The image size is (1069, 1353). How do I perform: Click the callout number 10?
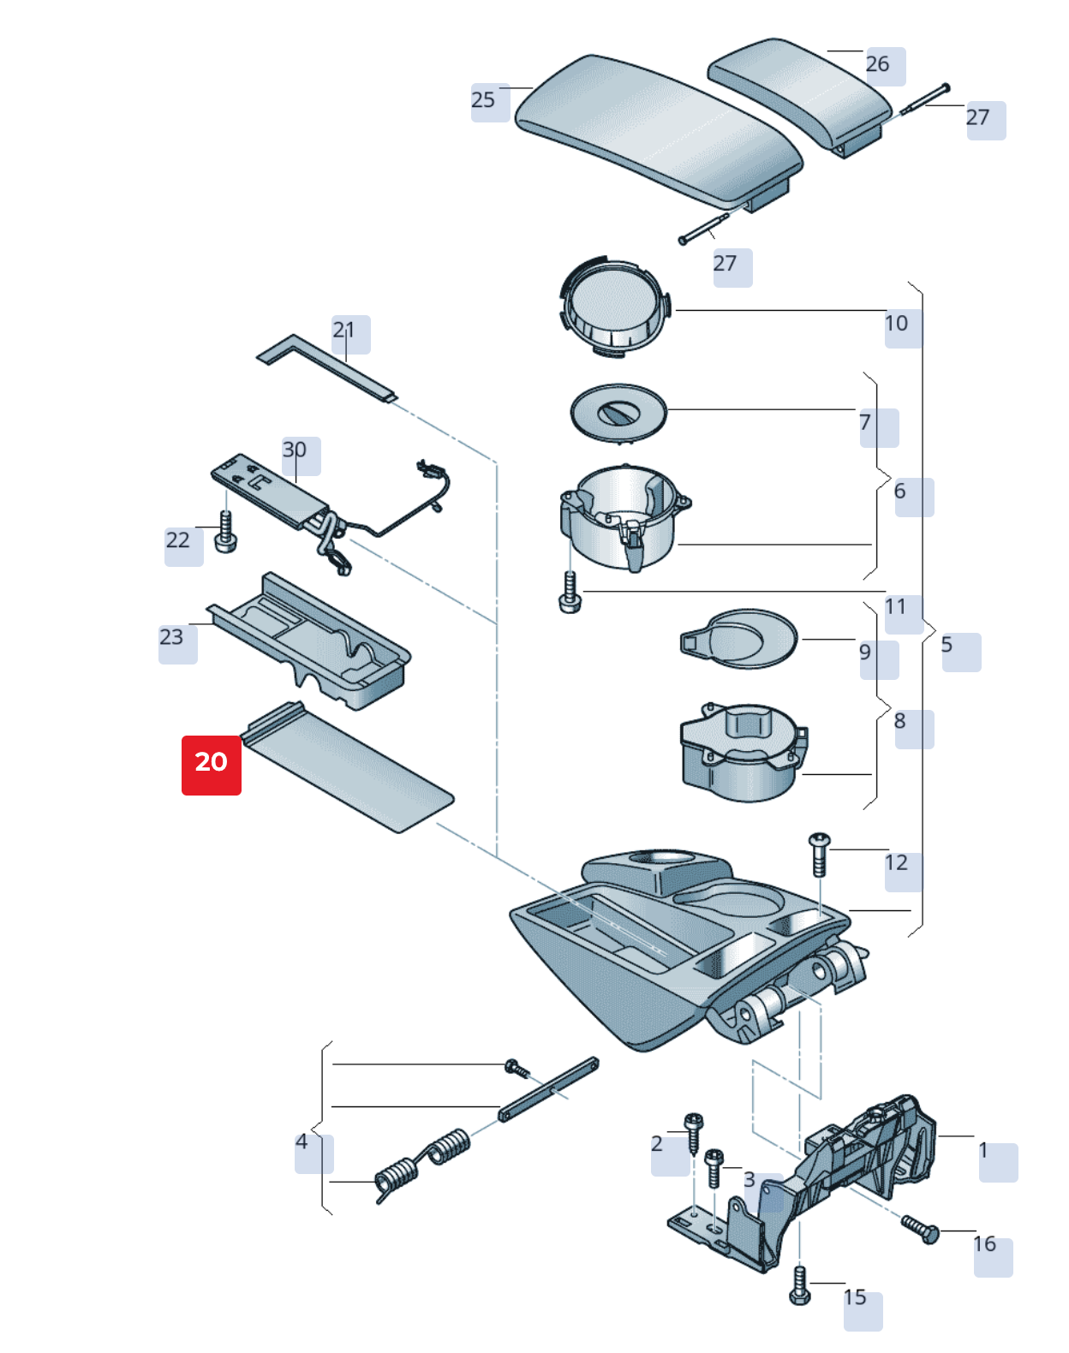pyautogui.click(x=897, y=324)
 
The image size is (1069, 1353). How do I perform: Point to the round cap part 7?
pyautogui.click(x=618, y=412)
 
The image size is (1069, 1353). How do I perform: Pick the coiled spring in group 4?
pyautogui.click(x=423, y=1163)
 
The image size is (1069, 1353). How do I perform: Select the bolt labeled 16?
pyautogui.click(x=920, y=1228)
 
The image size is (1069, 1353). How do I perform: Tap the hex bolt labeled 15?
pyautogui.click(x=799, y=1286)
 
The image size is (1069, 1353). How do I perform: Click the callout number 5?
pyautogui.click(x=947, y=646)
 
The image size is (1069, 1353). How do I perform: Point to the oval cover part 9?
pyautogui.click(x=741, y=638)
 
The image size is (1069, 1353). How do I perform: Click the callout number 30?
pyautogui.click(x=295, y=450)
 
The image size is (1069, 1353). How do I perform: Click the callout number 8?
pyautogui.click(x=900, y=722)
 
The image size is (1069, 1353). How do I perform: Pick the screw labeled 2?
pyautogui.click(x=694, y=1132)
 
